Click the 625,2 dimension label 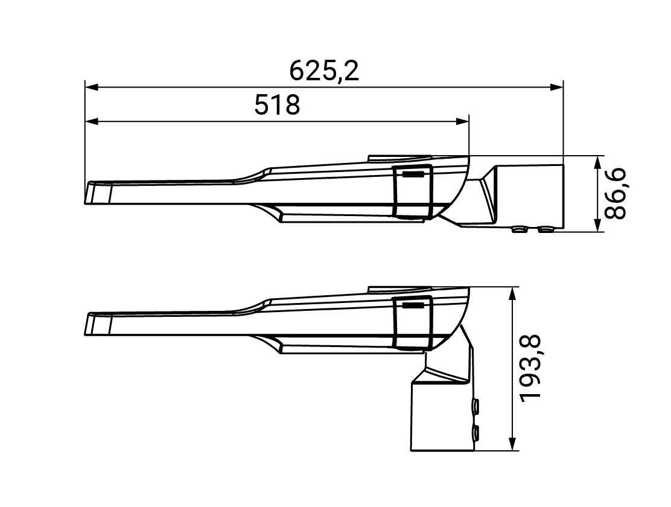click(x=324, y=71)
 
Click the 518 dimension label click(x=278, y=105)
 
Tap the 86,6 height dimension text click(x=615, y=194)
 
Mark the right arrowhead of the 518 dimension click(x=463, y=122)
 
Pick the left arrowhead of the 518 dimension click(x=92, y=122)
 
